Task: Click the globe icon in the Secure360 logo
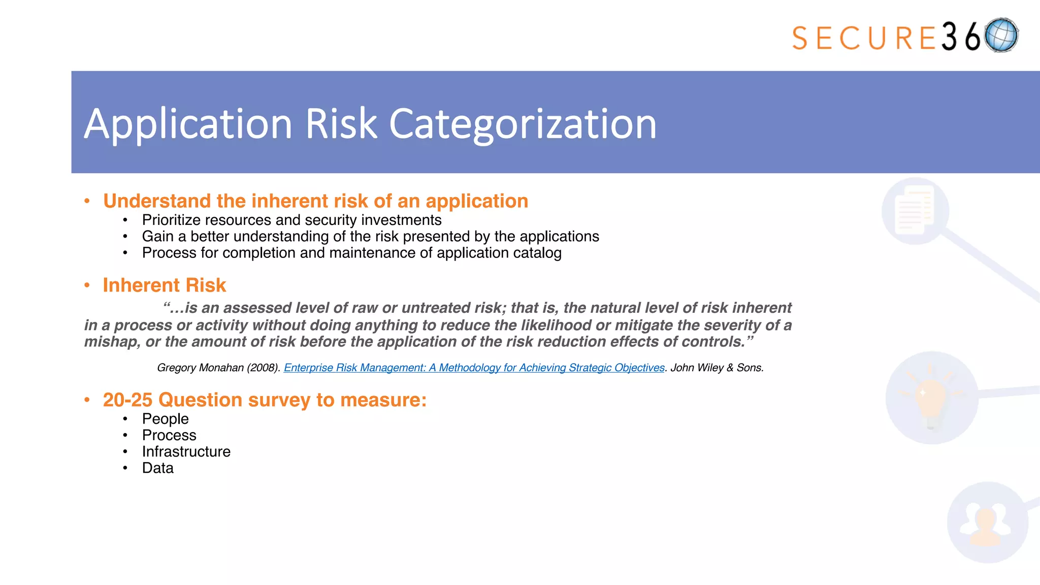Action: (x=1001, y=35)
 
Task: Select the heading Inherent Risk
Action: (x=164, y=285)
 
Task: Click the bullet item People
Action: (x=165, y=419)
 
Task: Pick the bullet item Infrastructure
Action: (x=186, y=451)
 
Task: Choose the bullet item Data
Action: (x=157, y=468)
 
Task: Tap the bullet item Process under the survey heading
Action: (x=169, y=435)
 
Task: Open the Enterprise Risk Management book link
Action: (x=474, y=368)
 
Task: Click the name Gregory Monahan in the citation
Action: (x=200, y=368)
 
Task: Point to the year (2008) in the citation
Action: (x=263, y=368)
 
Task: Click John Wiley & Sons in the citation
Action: (x=717, y=368)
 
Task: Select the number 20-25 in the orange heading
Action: (x=127, y=400)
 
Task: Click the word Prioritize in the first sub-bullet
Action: (x=171, y=220)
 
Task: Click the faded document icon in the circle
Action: (x=915, y=210)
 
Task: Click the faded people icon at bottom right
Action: (x=986, y=524)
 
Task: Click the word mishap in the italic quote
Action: (x=111, y=342)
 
